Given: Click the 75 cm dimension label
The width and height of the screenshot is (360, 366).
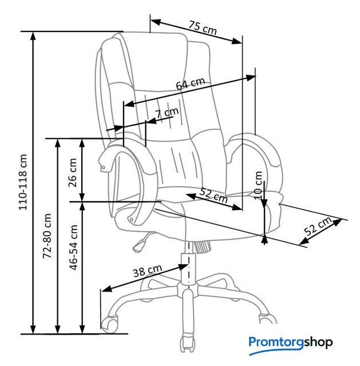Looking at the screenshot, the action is pyautogui.click(x=203, y=28).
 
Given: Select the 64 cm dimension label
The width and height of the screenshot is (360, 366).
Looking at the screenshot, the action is pyautogui.click(x=191, y=83).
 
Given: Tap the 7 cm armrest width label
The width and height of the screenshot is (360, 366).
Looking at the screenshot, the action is pyautogui.click(x=167, y=113).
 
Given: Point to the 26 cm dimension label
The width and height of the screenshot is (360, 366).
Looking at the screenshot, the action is pyautogui.click(x=73, y=173).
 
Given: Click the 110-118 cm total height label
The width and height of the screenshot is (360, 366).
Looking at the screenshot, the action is pyautogui.click(x=23, y=182).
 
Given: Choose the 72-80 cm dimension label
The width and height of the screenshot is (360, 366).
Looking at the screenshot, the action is pyautogui.click(x=47, y=236).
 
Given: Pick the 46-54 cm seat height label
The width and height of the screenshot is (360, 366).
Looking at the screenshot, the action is pyautogui.click(x=73, y=248).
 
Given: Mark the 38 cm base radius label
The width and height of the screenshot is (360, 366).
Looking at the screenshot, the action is pyautogui.click(x=148, y=271).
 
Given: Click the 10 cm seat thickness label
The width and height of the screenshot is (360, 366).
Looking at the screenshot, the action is pyautogui.click(x=258, y=185).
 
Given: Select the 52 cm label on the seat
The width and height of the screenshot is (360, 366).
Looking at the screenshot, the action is pyautogui.click(x=213, y=196).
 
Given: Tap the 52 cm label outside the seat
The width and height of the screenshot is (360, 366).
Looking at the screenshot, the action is pyautogui.click(x=318, y=226).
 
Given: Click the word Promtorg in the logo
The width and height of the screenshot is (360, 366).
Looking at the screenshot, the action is pyautogui.click(x=276, y=343).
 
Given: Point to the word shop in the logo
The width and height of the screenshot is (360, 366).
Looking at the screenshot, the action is pyautogui.click(x=318, y=343).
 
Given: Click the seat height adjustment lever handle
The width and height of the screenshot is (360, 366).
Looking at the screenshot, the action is pyautogui.click(x=139, y=246).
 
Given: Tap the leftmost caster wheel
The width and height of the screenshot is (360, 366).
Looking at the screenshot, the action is pyautogui.click(x=109, y=324).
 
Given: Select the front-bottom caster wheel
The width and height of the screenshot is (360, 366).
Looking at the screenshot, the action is pyautogui.click(x=188, y=343).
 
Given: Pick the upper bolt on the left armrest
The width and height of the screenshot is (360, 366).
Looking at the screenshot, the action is pyautogui.click(x=103, y=168).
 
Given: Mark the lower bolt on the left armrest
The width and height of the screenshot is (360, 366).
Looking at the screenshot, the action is pyautogui.click(x=132, y=220).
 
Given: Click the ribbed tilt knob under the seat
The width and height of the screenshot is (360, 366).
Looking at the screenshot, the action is pyautogui.click(x=201, y=246).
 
